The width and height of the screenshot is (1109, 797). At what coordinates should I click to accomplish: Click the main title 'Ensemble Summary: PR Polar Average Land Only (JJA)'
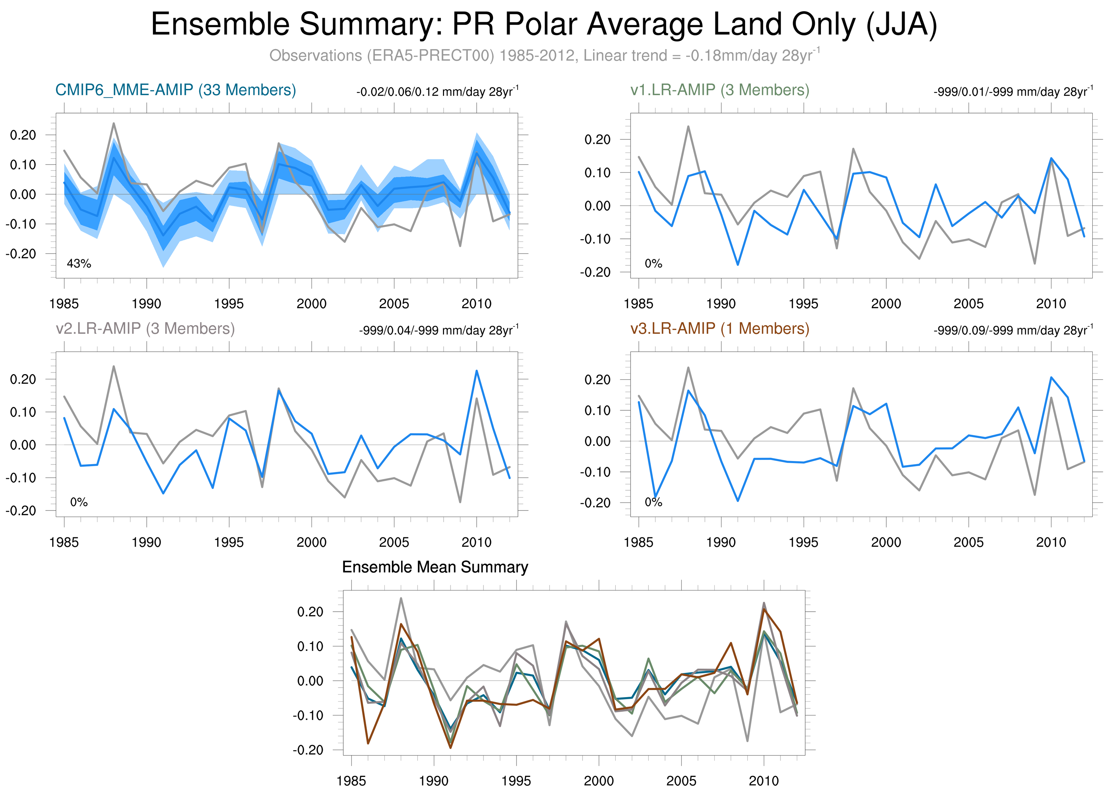click(544, 25)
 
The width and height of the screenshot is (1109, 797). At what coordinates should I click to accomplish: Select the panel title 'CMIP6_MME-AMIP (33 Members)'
click(176, 90)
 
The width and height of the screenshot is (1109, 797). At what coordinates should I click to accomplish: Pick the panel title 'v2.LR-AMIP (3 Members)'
click(145, 328)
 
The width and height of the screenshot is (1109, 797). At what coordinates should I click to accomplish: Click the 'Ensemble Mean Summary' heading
click(435, 567)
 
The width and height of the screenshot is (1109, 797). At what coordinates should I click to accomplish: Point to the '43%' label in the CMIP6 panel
click(79, 264)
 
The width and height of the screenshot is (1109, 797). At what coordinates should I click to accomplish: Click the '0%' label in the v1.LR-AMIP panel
click(653, 264)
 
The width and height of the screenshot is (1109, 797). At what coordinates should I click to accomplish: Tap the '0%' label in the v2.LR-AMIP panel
click(79, 502)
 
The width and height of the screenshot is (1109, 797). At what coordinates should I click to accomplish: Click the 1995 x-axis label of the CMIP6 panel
click(229, 304)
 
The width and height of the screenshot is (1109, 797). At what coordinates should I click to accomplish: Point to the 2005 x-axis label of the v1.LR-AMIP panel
click(968, 304)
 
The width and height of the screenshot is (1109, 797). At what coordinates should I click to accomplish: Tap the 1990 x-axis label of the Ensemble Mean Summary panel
click(433, 781)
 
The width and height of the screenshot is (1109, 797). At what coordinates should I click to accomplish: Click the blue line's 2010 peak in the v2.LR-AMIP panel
click(477, 371)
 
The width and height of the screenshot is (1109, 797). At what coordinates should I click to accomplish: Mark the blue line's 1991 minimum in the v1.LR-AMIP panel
click(738, 265)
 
